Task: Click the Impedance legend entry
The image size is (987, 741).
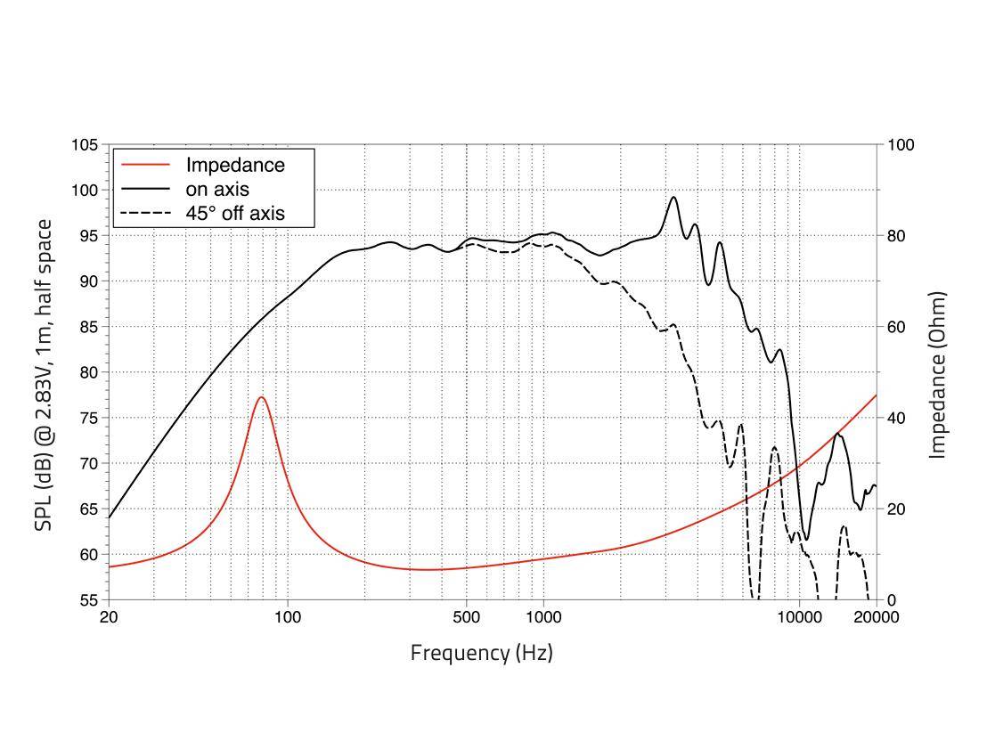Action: click(235, 165)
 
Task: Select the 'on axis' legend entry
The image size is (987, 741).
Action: click(216, 189)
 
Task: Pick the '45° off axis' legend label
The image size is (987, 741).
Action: click(235, 213)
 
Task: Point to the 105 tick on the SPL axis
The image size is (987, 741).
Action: click(86, 145)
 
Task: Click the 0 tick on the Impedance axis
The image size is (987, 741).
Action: click(891, 600)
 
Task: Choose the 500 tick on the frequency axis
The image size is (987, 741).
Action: click(466, 617)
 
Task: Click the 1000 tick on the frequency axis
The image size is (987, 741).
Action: click(543, 617)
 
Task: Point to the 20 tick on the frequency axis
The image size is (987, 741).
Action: click(109, 617)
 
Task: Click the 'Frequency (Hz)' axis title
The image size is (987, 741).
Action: click(481, 653)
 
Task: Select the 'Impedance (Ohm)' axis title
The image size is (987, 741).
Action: click(936, 375)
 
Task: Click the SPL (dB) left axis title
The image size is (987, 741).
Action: click(44, 375)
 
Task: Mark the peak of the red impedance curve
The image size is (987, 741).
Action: click(261, 397)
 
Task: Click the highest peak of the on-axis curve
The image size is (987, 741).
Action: click(673, 197)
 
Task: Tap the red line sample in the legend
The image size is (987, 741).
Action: click(144, 165)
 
